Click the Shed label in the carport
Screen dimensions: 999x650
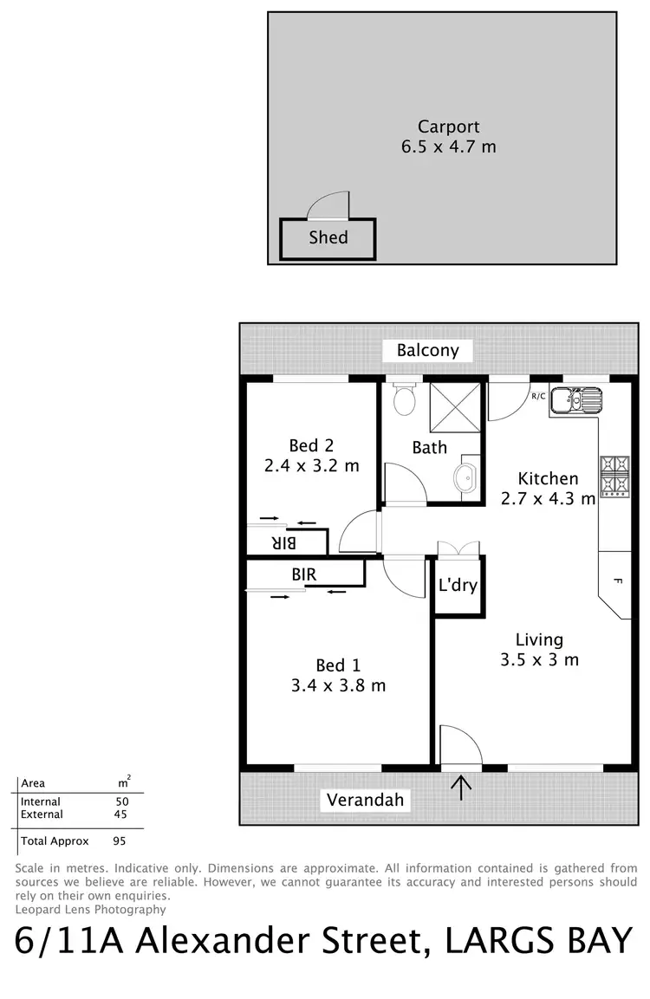(x=328, y=237)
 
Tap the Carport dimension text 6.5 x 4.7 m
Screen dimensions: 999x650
(x=448, y=146)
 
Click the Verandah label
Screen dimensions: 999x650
(x=365, y=800)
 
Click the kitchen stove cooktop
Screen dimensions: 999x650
(x=613, y=475)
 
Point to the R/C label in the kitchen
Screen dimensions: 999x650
(x=538, y=396)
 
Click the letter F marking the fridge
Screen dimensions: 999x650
(x=617, y=581)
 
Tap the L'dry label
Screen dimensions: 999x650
(x=458, y=585)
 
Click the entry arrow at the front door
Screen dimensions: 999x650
(x=461, y=787)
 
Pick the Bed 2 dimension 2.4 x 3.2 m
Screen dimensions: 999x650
(x=311, y=465)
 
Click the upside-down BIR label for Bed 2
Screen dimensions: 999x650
(x=284, y=542)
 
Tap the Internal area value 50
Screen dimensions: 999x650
(x=122, y=802)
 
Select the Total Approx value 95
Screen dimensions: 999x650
(x=120, y=840)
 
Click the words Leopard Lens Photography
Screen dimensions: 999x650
(x=90, y=909)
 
